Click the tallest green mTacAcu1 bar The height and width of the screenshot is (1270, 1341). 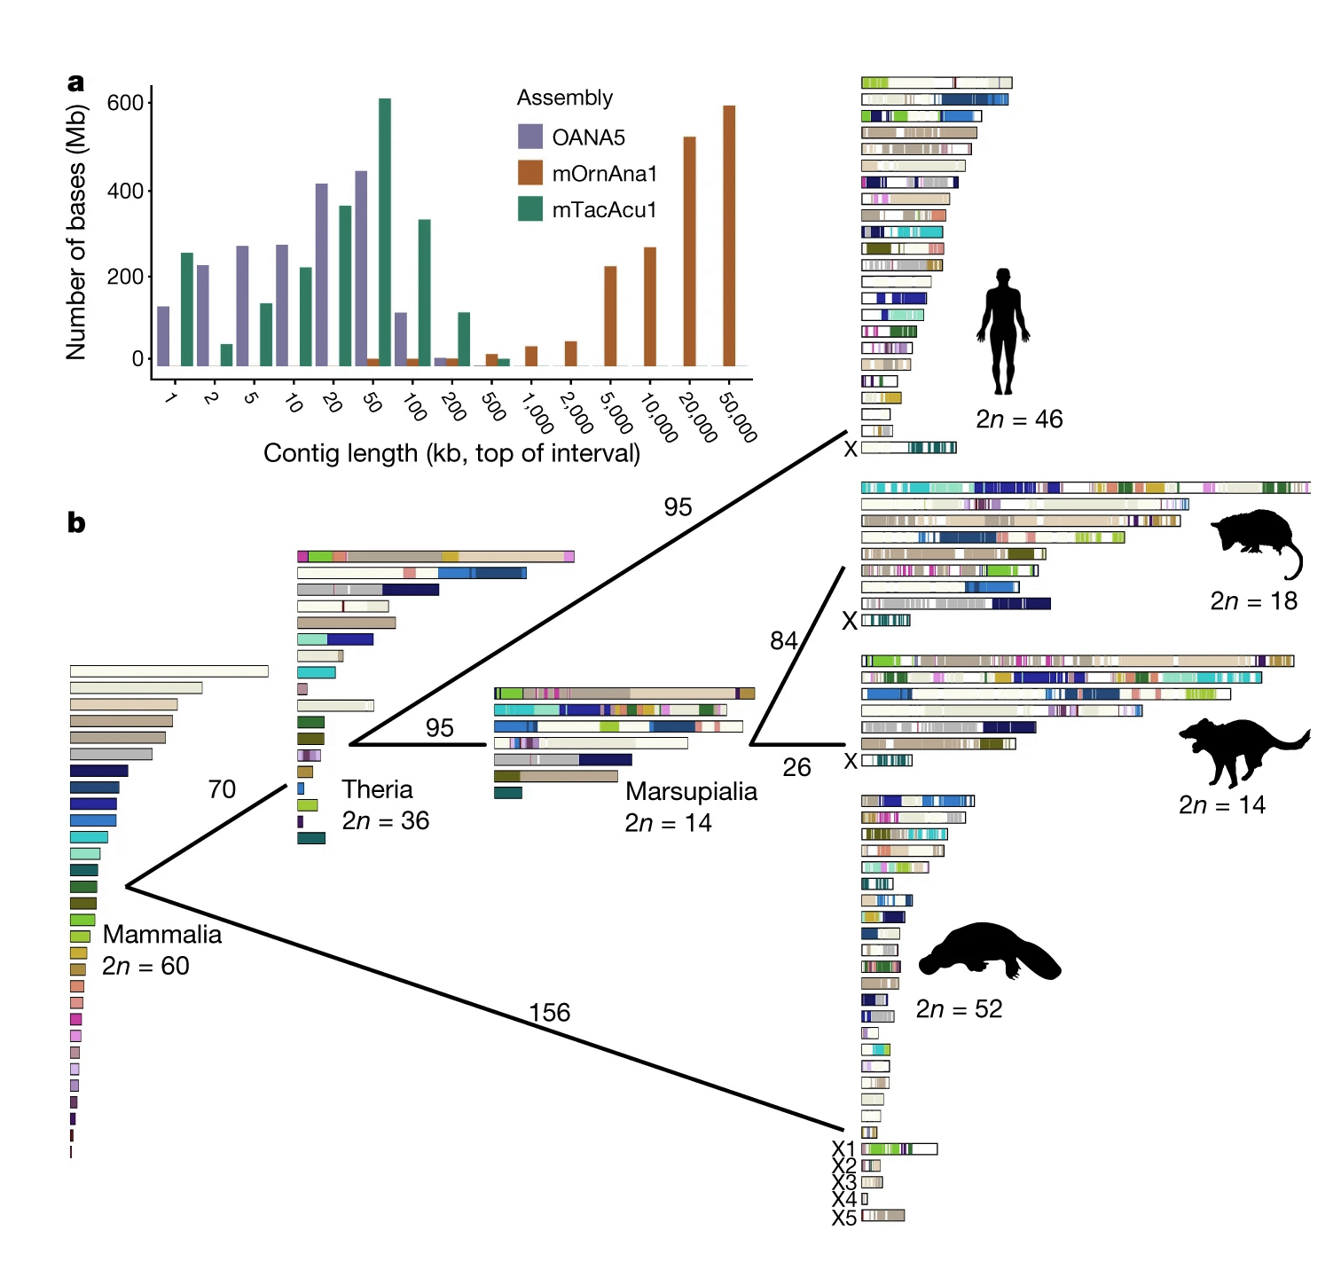(385, 231)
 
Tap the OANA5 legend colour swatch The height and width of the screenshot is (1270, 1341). (530, 137)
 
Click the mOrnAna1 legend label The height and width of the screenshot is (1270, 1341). (604, 174)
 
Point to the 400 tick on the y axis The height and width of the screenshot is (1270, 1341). (125, 191)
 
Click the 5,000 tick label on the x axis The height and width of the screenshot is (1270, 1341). (617, 412)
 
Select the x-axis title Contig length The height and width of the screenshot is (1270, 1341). (451, 453)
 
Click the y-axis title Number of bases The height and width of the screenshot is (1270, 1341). (77, 231)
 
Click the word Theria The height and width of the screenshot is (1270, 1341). (378, 789)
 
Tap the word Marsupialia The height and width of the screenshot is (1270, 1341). (691, 791)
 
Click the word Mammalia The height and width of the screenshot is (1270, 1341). (162, 934)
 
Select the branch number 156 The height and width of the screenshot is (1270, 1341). (549, 1012)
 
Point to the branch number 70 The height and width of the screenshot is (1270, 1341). (222, 789)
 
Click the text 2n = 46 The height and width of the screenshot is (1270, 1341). (1019, 419)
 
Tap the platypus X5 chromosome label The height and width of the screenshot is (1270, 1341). (844, 1218)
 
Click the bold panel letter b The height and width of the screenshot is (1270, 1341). (76, 523)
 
